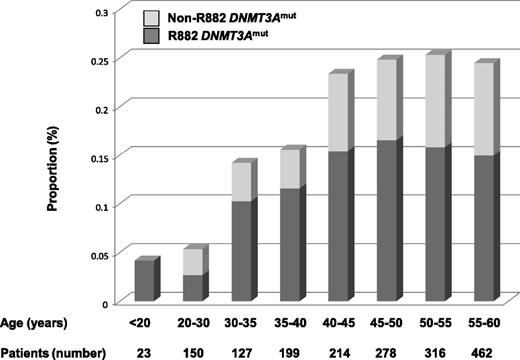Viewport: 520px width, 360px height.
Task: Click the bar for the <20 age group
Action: [145, 280]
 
